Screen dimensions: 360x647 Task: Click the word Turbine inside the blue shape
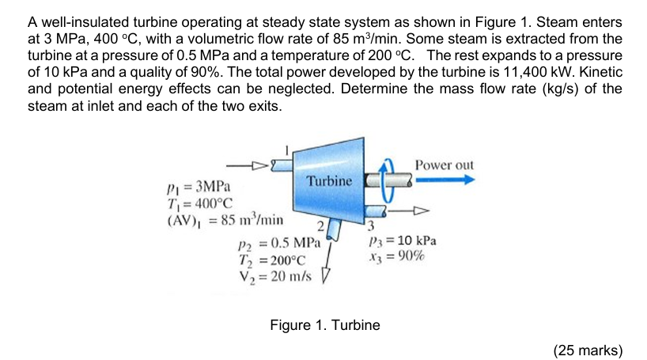pyautogui.click(x=330, y=181)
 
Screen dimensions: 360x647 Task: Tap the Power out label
pyautogui.click(x=444, y=165)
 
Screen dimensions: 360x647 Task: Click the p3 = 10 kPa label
pyautogui.click(x=403, y=241)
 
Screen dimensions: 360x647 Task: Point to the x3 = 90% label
pyautogui.click(x=397, y=256)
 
